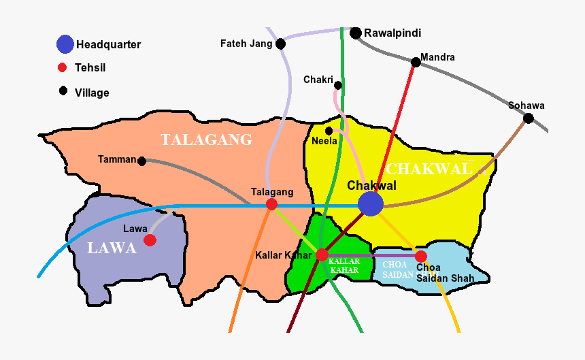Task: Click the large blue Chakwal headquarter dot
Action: [x=371, y=203]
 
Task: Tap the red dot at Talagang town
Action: [x=271, y=204]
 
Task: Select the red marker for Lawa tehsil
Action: [x=150, y=240]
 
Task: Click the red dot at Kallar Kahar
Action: [x=322, y=255]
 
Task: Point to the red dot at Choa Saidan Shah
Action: [x=421, y=257]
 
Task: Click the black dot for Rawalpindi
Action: [x=356, y=33]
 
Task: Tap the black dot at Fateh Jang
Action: [x=280, y=44]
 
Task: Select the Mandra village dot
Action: [x=415, y=63]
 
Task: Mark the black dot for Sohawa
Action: [x=528, y=118]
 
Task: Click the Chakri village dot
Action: [x=338, y=85]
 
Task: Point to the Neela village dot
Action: [x=329, y=131]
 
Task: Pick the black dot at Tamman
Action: [x=141, y=161]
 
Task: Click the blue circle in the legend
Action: [x=65, y=44]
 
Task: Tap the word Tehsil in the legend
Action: [x=90, y=68]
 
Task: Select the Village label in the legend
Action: [x=92, y=93]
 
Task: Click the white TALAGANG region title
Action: [x=206, y=140]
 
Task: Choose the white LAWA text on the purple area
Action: [x=112, y=248]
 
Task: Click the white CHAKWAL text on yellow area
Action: [x=428, y=169]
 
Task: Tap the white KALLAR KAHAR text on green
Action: [x=344, y=265]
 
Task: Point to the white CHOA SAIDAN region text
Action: [x=397, y=269]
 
